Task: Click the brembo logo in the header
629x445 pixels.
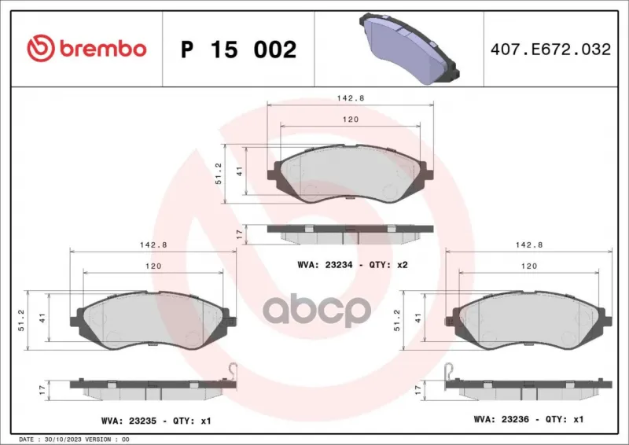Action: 86,49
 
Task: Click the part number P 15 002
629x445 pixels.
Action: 239,50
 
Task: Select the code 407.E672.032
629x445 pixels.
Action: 550,50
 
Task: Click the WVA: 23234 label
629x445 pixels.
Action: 325,265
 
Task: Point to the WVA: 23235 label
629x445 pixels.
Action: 129,421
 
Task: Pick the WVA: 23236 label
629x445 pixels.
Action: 502,419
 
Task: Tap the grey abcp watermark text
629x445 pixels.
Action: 317,310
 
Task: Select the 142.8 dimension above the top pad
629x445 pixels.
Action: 350,98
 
